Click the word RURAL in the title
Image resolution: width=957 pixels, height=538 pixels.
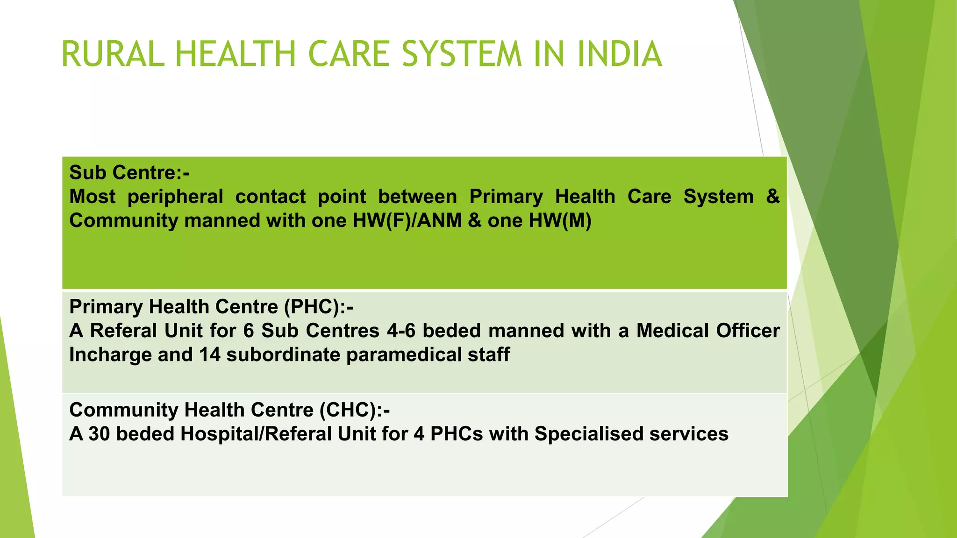113,54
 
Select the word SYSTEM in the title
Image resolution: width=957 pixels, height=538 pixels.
461,54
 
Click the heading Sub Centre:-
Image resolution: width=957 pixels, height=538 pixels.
129,173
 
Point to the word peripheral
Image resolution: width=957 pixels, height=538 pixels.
175,197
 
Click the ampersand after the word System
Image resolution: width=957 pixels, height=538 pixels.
773,197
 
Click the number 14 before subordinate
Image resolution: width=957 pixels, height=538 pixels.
210,355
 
